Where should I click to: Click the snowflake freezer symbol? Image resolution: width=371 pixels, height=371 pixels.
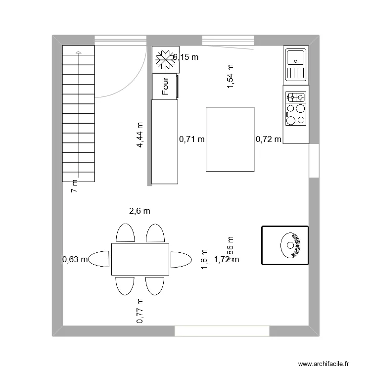coord(163,59)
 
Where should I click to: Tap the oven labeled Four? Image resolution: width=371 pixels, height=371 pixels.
coord(165,86)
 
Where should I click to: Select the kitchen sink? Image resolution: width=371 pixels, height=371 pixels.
coord(295,64)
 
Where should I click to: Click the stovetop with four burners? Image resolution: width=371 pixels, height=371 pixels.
coord(295,109)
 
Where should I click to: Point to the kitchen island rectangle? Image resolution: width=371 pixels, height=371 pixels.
coord(230,139)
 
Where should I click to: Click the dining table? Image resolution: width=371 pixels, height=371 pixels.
coord(140,259)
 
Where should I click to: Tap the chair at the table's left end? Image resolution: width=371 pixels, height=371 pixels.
coord(99,259)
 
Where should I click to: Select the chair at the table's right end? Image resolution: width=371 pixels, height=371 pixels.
coord(181,259)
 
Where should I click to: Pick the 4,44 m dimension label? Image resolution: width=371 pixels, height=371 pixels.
coord(140,135)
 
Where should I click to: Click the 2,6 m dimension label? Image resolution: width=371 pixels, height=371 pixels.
coord(139,211)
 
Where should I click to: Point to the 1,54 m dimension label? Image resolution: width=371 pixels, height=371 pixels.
coord(230,77)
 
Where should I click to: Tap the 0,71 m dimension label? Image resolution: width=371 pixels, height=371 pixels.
coord(191,139)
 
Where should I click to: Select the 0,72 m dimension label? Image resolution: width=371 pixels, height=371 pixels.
coord(269,139)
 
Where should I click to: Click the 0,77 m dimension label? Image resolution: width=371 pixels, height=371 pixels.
coord(140,311)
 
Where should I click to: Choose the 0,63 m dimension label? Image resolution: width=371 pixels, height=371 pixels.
coord(75,259)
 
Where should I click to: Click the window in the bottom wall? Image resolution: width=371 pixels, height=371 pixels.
coord(222,331)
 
